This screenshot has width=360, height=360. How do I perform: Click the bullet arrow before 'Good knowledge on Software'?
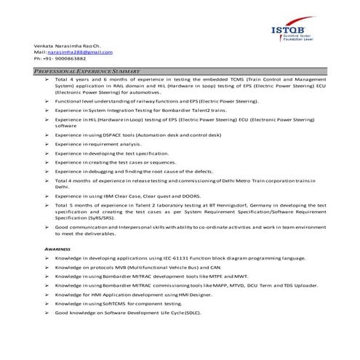47,312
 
